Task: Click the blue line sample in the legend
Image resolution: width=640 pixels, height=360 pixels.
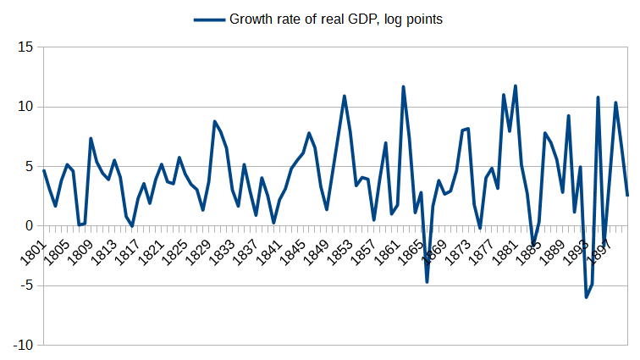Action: pos(208,19)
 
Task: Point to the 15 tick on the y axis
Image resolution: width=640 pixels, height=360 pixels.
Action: pos(25,47)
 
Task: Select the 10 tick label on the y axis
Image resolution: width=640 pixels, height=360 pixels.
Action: pos(25,107)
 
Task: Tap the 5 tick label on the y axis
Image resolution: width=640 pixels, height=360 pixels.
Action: pos(28,167)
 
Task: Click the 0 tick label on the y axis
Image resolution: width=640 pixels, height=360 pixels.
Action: pos(28,226)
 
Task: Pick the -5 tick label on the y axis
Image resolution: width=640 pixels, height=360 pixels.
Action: pos(25,286)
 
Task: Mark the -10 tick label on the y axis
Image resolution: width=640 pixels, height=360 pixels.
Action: pos(22,346)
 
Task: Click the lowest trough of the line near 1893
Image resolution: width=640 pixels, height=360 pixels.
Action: pos(586,297)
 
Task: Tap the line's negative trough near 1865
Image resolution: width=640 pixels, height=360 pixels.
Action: pos(428,281)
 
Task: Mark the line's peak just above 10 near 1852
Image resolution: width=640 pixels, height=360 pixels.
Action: pos(345,96)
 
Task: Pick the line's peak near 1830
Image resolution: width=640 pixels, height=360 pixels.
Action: pos(215,121)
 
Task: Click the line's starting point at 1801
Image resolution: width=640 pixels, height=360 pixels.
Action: pos(44,170)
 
